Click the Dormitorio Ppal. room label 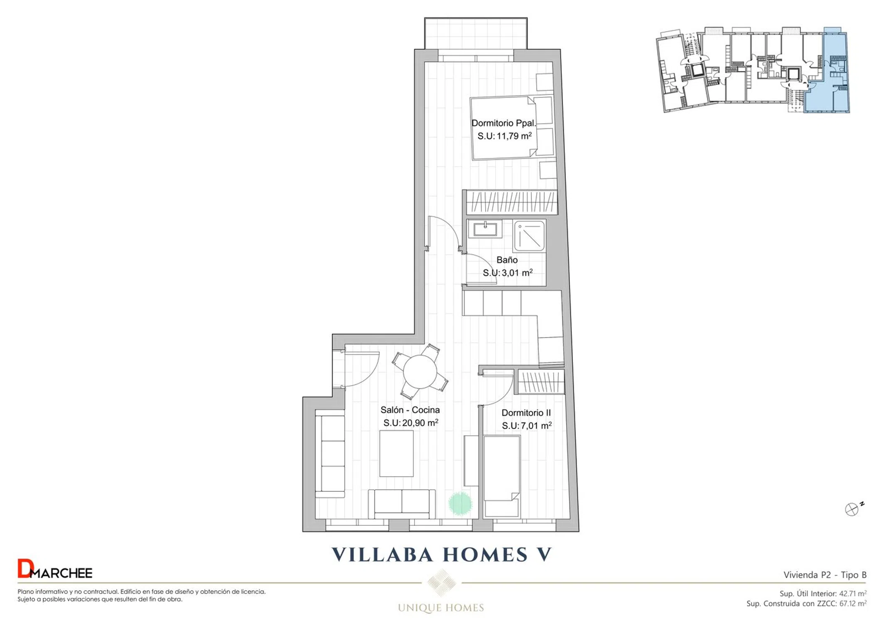[x=503, y=123]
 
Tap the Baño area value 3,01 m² [x=517, y=273]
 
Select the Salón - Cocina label [x=410, y=410]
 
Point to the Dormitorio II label [x=526, y=413]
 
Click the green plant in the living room [x=460, y=504]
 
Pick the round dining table [x=420, y=372]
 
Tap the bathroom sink [x=485, y=229]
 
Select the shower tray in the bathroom [x=529, y=236]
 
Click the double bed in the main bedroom [x=512, y=128]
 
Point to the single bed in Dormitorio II [x=502, y=476]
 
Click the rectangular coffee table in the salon [x=396, y=454]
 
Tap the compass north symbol [x=852, y=509]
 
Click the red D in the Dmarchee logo [x=24, y=568]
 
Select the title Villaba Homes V [x=442, y=555]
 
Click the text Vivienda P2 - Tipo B [x=825, y=575]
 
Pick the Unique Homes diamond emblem [x=441, y=582]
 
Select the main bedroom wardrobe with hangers [x=511, y=202]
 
